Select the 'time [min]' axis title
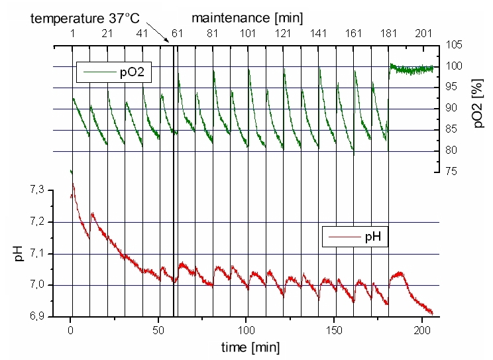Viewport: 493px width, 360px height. tap(250, 347)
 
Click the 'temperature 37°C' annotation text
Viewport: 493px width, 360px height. tap(83, 19)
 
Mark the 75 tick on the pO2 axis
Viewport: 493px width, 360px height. tap(453, 172)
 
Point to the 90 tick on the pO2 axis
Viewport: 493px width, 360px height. tap(453, 108)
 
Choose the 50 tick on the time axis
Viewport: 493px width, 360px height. tap(159, 330)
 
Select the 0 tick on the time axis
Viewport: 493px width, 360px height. tap(71, 330)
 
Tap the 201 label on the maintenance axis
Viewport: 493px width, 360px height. tap(421, 33)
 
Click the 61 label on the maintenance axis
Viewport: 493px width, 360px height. tap(178, 33)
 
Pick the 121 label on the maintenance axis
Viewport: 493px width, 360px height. tap(284, 33)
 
